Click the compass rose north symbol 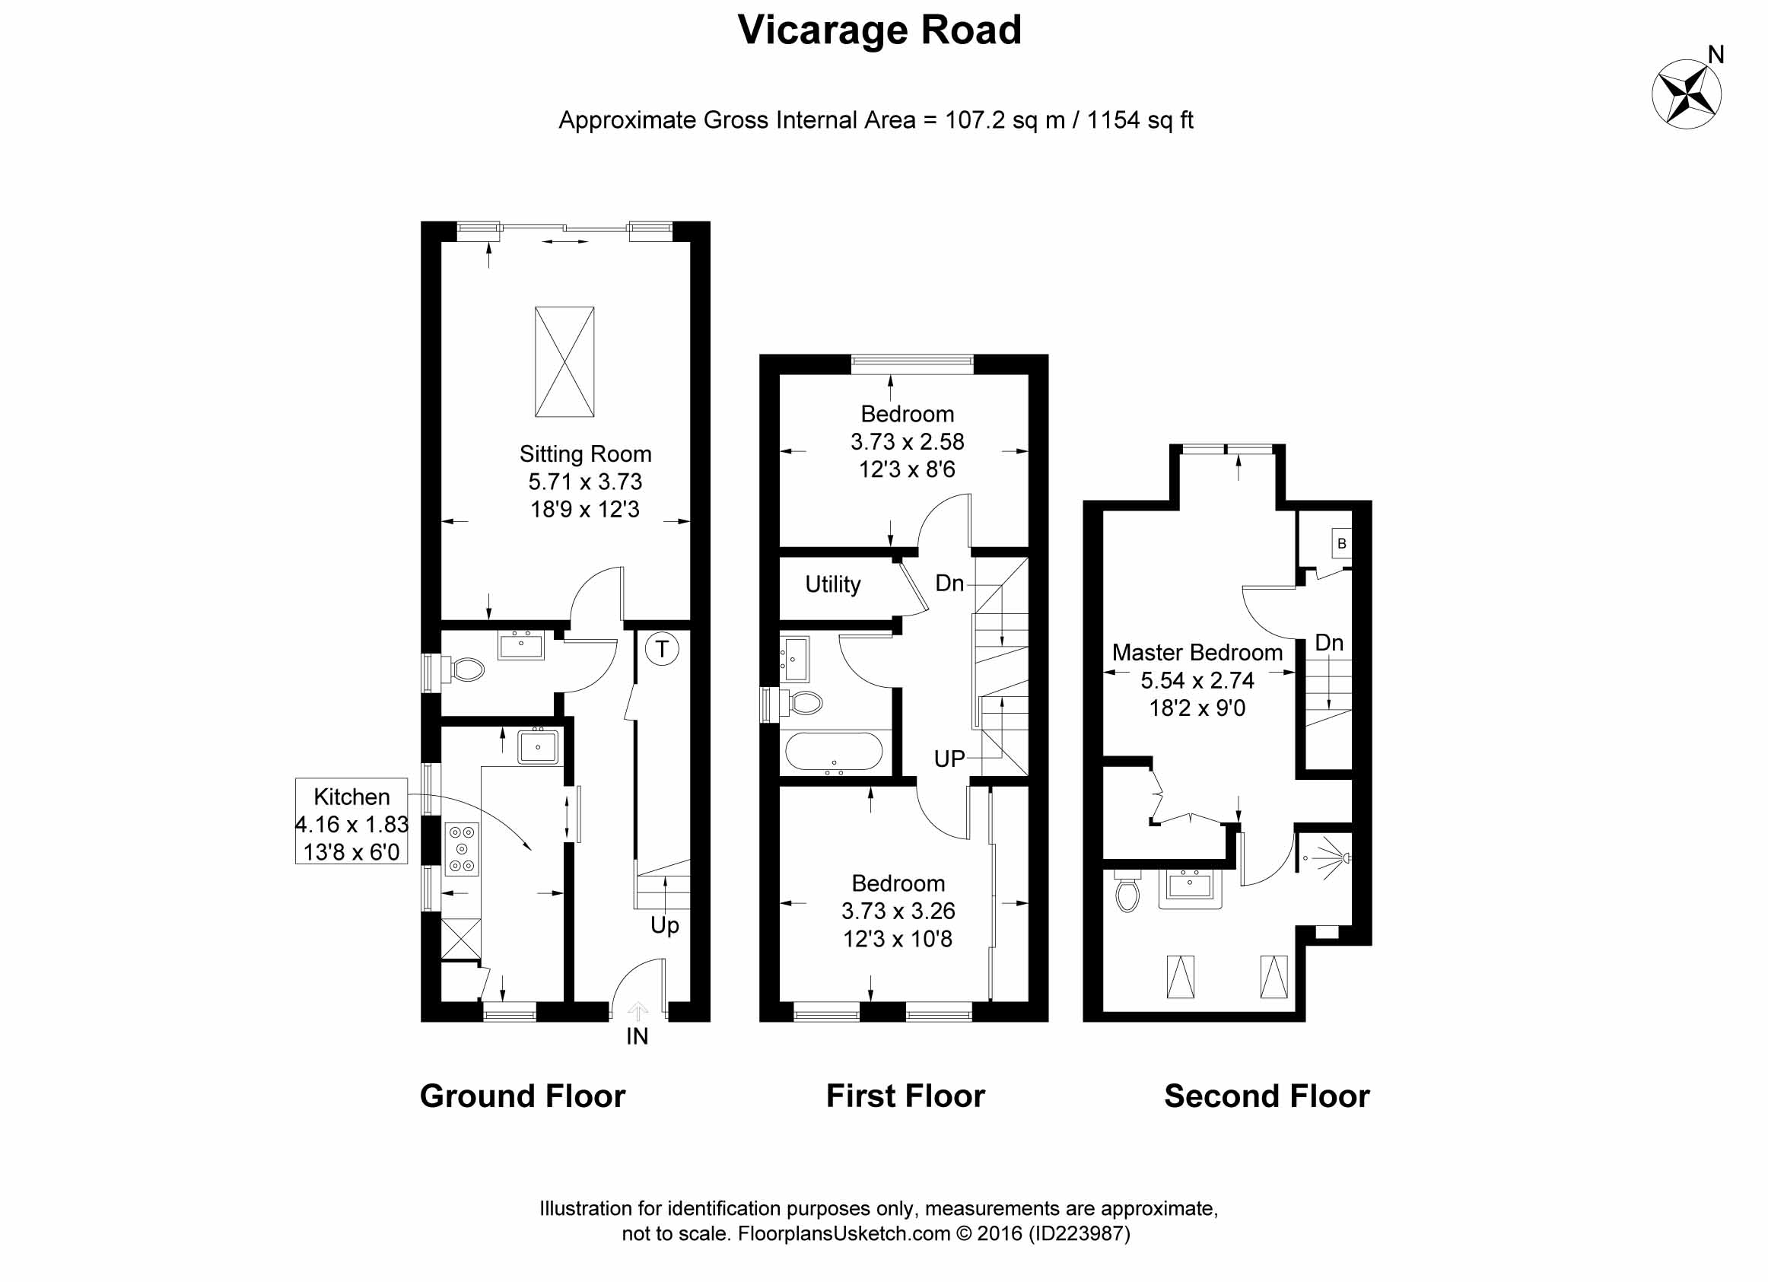(x=1686, y=94)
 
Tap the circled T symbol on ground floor (x=662, y=648)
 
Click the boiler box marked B (x=1341, y=543)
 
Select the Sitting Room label (x=586, y=454)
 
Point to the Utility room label (x=832, y=584)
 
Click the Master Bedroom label (x=1197, y=652)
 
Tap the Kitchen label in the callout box (x=351, y=796)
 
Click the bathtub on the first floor (x=833, y=752)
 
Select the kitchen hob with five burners (x=462, y=848)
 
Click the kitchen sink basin (x=538, y=747)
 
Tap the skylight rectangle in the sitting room (x=564, y=362)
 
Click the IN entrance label (x=637, y=1036)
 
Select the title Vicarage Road (x=879, y=30)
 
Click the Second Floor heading (x=1267, y=1096)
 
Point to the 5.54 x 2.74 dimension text (x=1197, y=680)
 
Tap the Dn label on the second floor (x=1329, y=643)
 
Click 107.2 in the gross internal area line (x=975, y=120)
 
